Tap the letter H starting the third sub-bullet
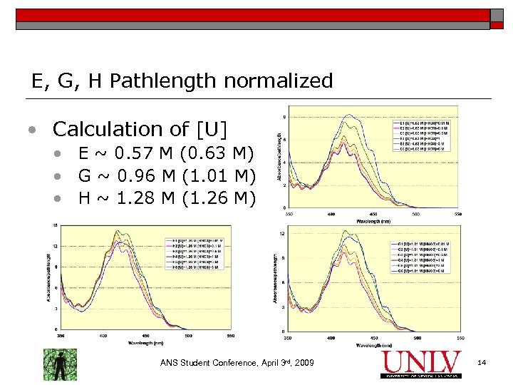pos(84,196)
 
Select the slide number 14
pos(482,364)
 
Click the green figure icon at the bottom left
pos(60,364)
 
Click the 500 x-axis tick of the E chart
pos(415,214)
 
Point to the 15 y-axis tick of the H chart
pos(56,225)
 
